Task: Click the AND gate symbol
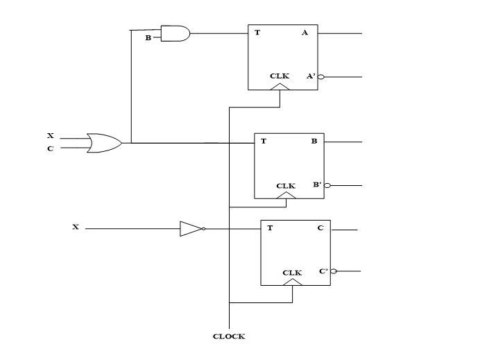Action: pos(175,33)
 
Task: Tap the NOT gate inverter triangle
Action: pos(191,228)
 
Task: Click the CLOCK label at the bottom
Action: pos(229,337)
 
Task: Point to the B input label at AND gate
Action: pos(148,37)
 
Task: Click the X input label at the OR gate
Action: pos(50,136)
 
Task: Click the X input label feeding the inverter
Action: pos(75,228)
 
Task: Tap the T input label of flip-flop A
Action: pos(257,33)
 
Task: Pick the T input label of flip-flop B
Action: pos(264,142)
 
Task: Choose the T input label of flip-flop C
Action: pos(270,228)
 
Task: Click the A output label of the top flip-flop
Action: pos(305,33)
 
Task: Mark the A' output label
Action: pos(311,76)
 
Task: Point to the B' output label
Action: pos(317,185)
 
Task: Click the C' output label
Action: pos(323,271)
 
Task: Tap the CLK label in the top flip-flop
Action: pos(280,76)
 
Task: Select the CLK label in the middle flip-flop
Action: pos(286,186)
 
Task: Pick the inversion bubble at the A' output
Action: pos(320,77)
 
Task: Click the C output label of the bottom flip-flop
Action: pos(320,228)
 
